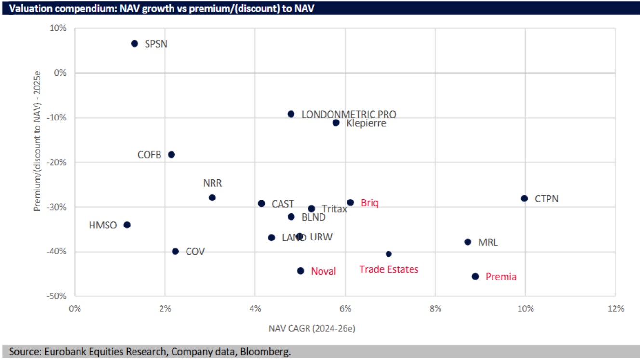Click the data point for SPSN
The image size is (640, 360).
click(x=134, y=44)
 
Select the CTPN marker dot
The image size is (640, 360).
click(x=524, y=199)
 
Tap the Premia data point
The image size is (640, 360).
click(x=475, y=276)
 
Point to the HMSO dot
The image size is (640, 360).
click(x=127, y=225)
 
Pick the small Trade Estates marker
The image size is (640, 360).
click(x=389, y=254)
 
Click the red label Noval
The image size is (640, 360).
click(x=323, y=271)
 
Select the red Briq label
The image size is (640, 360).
click(x=370, y=203)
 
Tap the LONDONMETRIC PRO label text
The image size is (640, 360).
click(x=348, y=114)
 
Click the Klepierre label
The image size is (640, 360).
click(x=366, y=123)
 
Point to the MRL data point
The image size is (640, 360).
click(x=467, y=242)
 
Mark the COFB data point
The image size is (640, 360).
click(x=171, y=155)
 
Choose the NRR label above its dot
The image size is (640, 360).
click(x=212, y=183)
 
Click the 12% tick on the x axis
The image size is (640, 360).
click(x=615, y=309)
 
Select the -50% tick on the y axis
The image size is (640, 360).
click(x=56, y=296)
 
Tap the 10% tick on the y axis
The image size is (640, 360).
click(x=58, y=28)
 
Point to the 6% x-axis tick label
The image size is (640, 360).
click(x=345, y=309)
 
